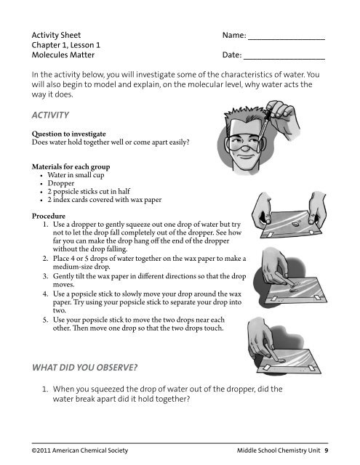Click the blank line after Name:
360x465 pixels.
click(286, 37)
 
